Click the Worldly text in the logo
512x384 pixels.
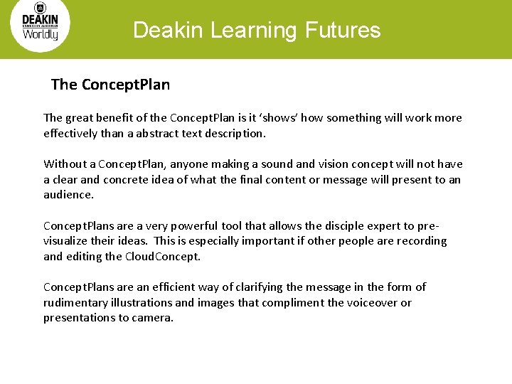click(41, 33)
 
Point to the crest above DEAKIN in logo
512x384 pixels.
click(40, 8)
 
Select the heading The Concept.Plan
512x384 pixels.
click(110, 85)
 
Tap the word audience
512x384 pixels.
click(68, 195)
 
